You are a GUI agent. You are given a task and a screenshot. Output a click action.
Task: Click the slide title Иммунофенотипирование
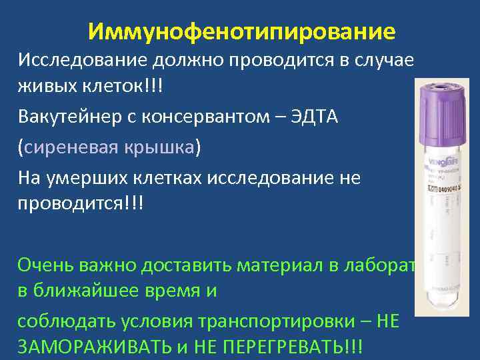(x=241, y=31)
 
